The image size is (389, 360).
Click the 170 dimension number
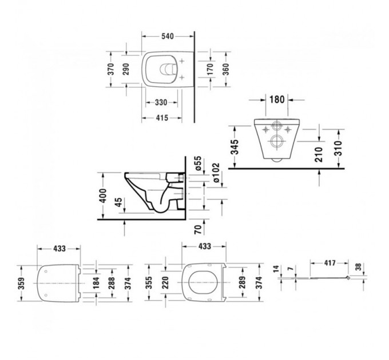point(211,69)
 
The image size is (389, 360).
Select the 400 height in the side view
point(104,195)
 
